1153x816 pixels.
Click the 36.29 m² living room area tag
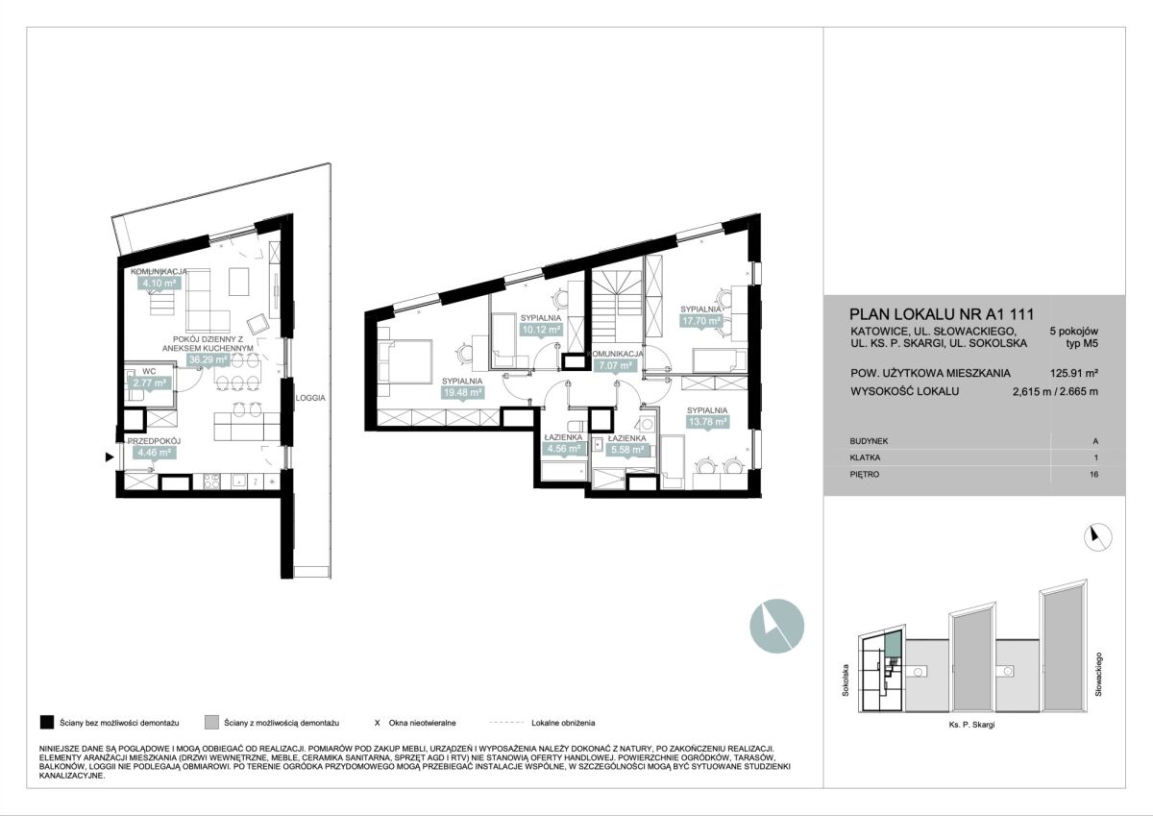208,359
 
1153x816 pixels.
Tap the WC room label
149,371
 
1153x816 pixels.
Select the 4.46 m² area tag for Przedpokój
155,453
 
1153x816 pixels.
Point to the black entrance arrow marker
110,457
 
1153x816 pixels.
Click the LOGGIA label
310,398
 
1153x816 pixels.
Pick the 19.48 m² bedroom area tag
462,393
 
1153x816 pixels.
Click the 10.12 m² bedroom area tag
541,330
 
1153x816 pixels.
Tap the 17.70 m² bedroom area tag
701,321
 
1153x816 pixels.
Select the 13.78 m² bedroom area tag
708,422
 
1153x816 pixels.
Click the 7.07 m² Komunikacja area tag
616,365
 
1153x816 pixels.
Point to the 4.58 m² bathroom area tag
564,449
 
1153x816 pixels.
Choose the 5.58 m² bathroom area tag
626,450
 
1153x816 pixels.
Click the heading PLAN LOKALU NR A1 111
942,314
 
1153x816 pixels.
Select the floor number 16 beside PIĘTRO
1093,474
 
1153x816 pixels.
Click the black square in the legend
47,723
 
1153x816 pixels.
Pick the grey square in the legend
211,723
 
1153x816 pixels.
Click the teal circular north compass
776,626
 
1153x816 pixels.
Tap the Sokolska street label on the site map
846,680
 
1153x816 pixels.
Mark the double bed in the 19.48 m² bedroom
405,361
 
